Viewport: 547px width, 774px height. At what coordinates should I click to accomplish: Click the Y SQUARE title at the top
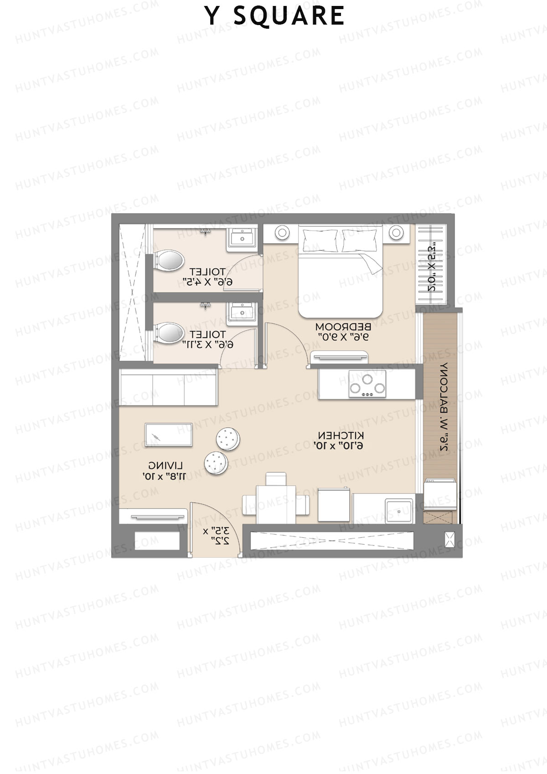274,16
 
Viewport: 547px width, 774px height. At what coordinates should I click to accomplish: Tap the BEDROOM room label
343,327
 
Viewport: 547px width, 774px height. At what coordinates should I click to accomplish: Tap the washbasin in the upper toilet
243,238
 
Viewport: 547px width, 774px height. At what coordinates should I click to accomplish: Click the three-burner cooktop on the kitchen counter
367,383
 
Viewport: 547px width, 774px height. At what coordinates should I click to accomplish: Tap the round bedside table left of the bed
282,233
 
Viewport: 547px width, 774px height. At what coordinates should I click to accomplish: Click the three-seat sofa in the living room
168,387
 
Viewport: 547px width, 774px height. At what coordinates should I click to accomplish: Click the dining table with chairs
275,504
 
